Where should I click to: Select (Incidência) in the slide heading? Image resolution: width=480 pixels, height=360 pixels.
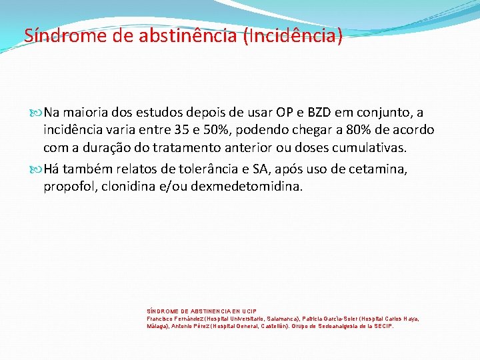[x=294, y=35]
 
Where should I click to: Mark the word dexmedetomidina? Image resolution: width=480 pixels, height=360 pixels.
[x=246, y=187]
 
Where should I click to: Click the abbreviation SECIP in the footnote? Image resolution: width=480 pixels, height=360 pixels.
[x=383, y=327]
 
